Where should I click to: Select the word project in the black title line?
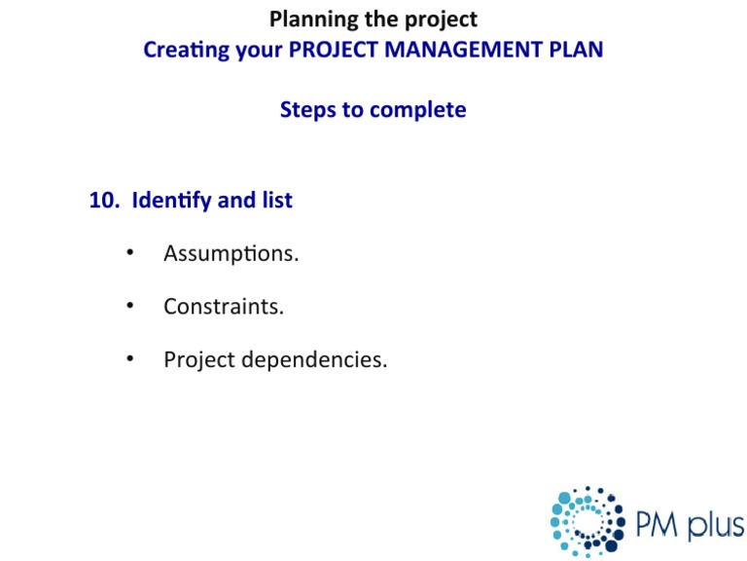coord(441,19)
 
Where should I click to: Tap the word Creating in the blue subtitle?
coord(186,50)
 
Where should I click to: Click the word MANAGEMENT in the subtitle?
coord(462,50)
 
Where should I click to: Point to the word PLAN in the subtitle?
coord(575,50)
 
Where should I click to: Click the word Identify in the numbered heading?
coord(171,201)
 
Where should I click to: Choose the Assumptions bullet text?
coord(231,254)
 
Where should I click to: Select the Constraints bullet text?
coord(224,307)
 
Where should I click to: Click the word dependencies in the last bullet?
coord(313,360)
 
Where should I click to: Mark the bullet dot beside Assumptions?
coord(128,254)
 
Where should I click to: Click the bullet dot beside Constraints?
coord(128,307)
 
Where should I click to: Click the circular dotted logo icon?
coord(587,522)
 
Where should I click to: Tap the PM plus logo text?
coord(689,525)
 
